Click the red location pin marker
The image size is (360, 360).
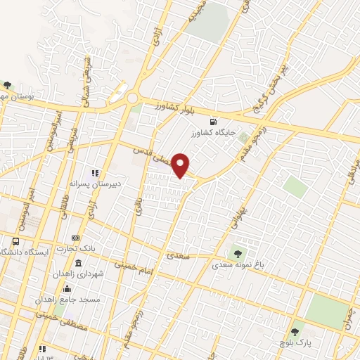[x=181, y=165]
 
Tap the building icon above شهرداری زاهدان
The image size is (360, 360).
[x=77, y=264]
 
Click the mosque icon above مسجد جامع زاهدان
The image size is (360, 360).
[x=67, y=288]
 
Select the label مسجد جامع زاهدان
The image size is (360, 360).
[x=71, y=299]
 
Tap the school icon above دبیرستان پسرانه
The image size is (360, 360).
[x=95, y=172]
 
